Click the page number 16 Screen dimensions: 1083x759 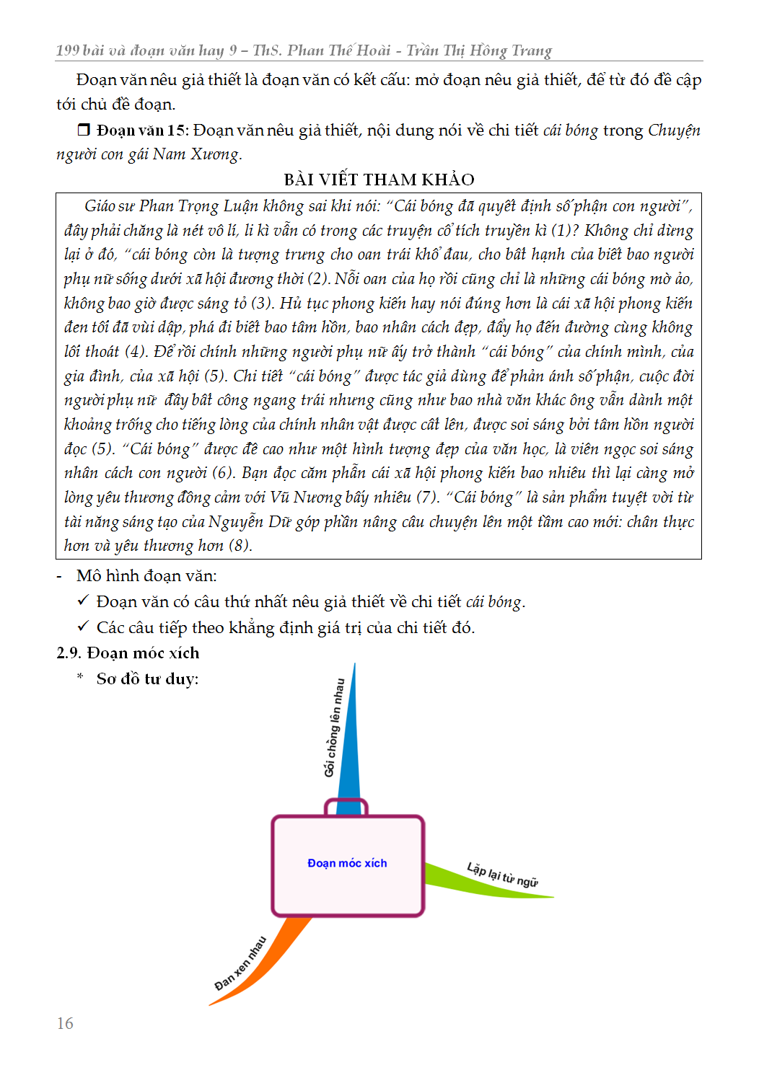pyautogui.click(x=65, y=1023)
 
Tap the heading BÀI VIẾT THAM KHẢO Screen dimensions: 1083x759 pyautogui.click(x=379, y=180)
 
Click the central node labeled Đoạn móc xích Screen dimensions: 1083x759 pyautogui.click(x=347, y=864)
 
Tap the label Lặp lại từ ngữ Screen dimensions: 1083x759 pyautogui.click(x=502, y=875)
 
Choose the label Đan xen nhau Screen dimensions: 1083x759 pyautogui.click(x=241, y=963)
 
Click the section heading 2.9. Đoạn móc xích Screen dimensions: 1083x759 pyautogui.click(x=128, y=653)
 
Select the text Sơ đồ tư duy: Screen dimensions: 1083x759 pyautogui.click(x=147, y=679)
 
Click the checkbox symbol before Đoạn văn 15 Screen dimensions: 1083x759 pyautogui.click(x=84, y=131)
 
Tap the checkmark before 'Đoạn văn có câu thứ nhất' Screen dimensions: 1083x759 pyautogui.click(x=83, y=601)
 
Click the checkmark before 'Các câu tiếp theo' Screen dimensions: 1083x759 pyautogui.click(x=83, y=627)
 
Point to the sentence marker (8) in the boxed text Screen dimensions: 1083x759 pyautogui.click(x=240, y=546)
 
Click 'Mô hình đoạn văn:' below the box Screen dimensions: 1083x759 pyautogui.click(x=146, y=576)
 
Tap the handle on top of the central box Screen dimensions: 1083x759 pyautogui.click(x=346, y=806)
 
